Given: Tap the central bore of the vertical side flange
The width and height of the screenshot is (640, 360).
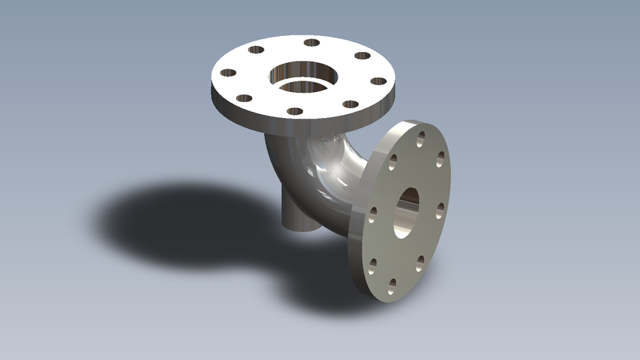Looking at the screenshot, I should point(407,211).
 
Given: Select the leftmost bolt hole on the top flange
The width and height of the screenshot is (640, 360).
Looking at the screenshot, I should point(228,73).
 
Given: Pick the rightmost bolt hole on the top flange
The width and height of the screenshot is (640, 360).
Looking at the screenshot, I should point(378,81).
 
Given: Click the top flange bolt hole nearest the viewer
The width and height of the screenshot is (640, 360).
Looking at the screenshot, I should point(295,111).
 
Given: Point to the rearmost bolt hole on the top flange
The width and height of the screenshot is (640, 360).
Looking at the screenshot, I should point(311,43).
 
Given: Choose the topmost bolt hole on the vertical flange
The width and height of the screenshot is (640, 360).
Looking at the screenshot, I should point(421,139).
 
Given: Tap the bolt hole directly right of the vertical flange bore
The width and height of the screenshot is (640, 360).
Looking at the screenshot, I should point(439,209).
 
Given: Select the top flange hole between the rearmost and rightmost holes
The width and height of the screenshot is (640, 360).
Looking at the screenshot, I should point(362,56).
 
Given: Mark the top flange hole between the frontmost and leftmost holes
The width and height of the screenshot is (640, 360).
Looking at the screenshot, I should point(244,98).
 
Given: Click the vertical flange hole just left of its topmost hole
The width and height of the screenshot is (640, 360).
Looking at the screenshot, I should point(393,159).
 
